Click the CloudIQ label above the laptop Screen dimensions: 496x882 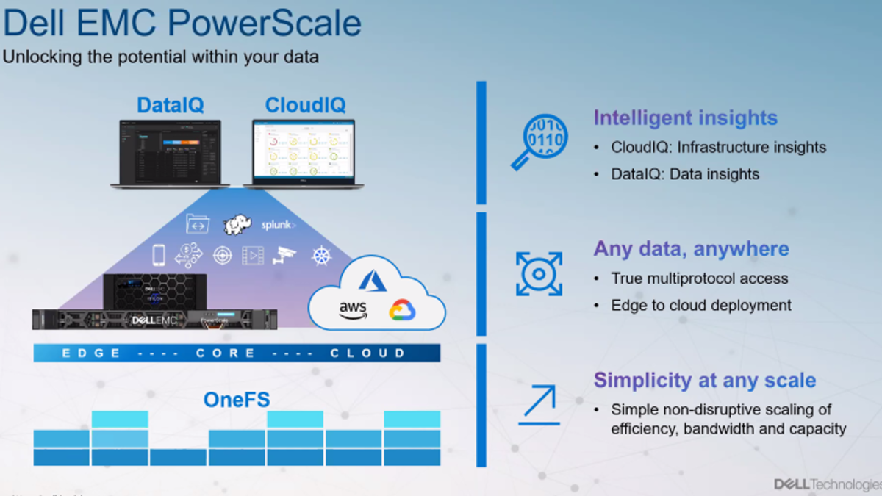tap(305, 105)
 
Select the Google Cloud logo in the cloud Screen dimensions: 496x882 tap(402, 310)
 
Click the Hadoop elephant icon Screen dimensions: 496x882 tap(238, 225)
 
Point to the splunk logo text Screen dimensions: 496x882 tap(279, 225)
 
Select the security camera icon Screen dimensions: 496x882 tap(284, 256)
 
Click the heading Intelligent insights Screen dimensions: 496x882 tap(685, 118)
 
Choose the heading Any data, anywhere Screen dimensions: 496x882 tap(691, 249)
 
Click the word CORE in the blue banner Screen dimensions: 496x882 tap(226, 353)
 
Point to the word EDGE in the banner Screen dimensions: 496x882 tap(91, 353)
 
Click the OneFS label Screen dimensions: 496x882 tap(237, 400)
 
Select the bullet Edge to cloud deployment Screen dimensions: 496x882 tap(701, 305)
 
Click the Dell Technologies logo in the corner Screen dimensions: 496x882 tap(828, 484)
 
